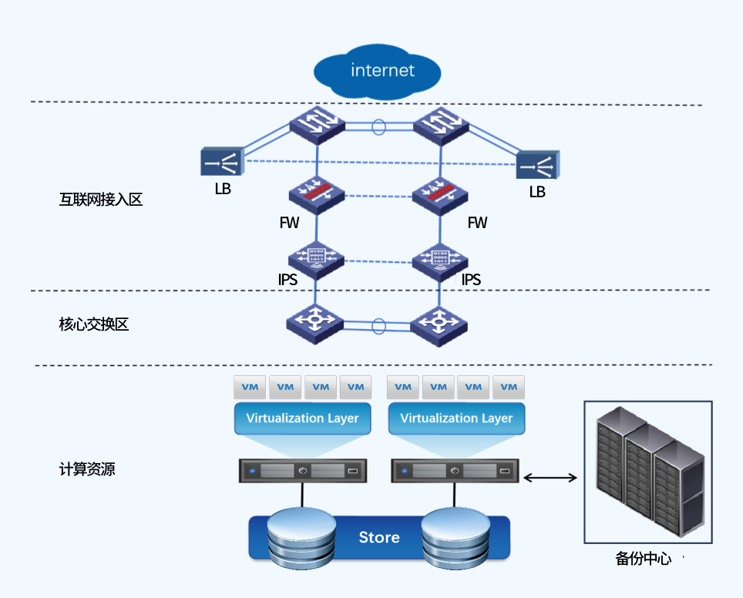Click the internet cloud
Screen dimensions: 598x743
377,72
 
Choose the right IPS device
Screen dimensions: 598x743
440,257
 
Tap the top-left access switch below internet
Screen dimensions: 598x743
317,125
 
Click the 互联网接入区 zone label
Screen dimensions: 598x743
101,200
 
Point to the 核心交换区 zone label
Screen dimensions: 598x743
93,324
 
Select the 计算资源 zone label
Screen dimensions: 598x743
87,469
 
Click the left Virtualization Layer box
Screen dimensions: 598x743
302,418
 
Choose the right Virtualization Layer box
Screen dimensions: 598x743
456,418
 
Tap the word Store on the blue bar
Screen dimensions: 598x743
379,537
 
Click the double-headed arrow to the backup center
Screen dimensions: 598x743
550,478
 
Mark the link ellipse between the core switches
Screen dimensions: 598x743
378,327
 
